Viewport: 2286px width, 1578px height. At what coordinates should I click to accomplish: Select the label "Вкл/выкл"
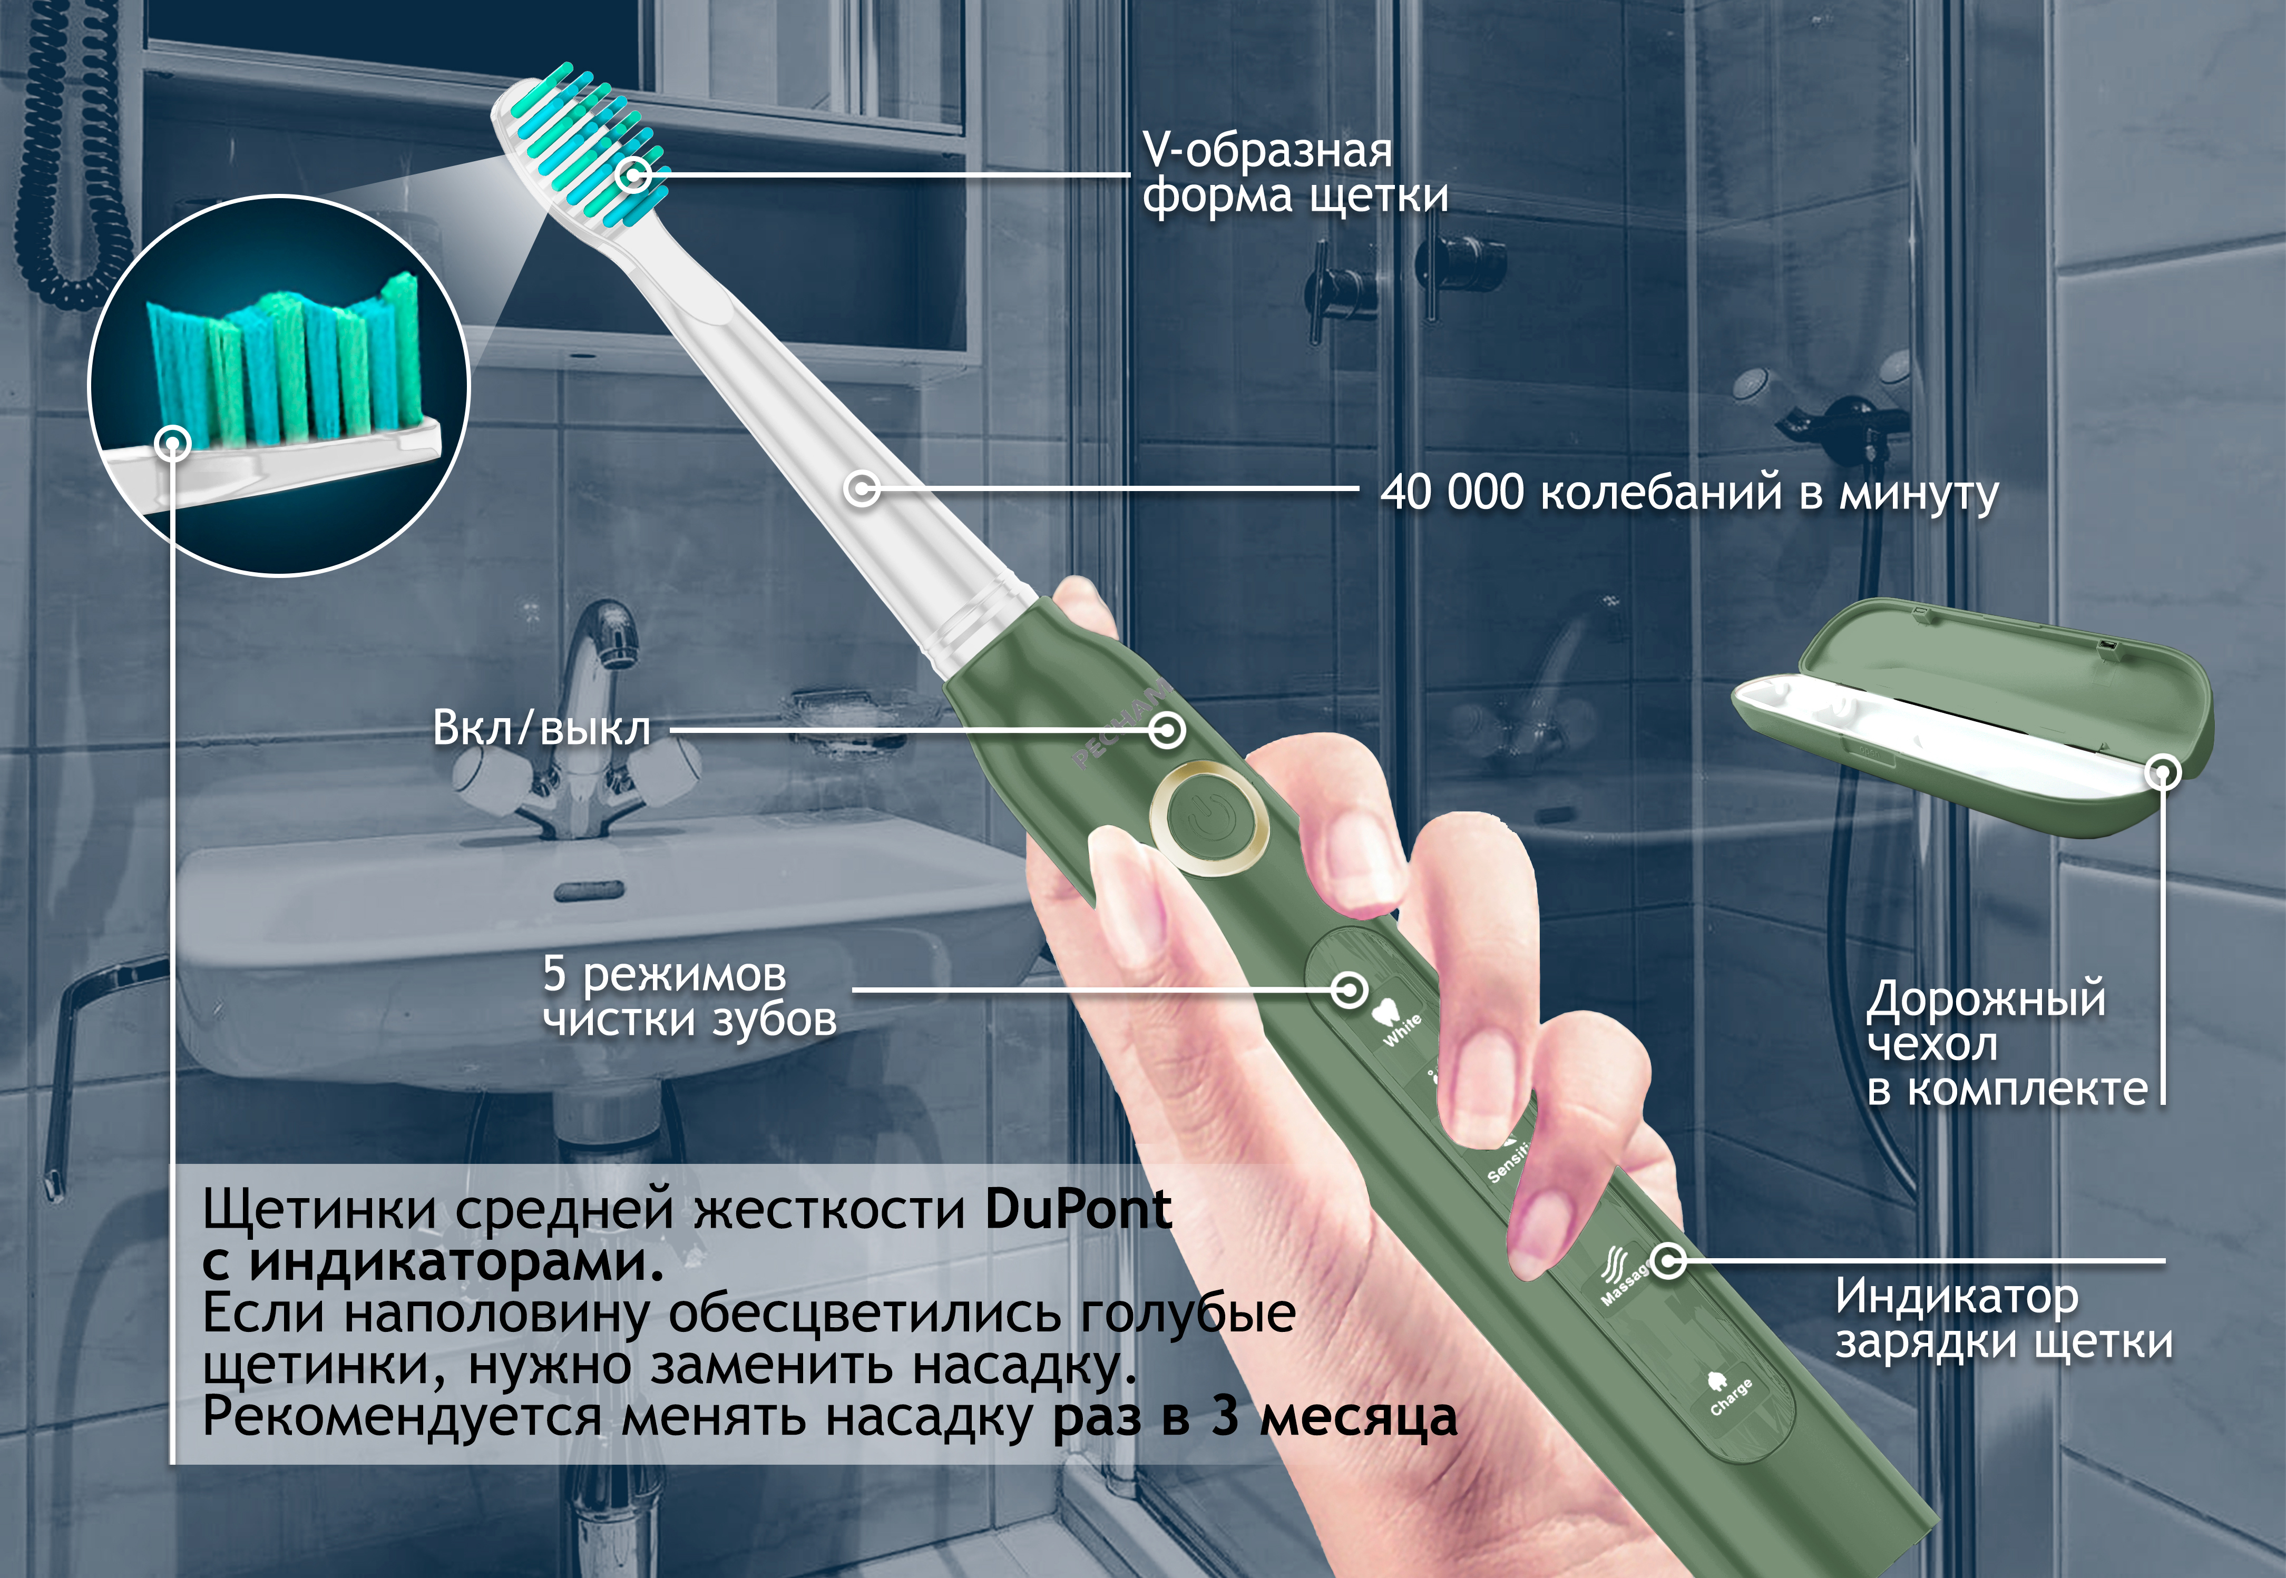(x=542, y=729)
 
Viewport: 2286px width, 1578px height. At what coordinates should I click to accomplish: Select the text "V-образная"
(x=1267, y=150)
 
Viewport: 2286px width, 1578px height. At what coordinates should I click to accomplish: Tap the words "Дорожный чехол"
(x=1986, y=1021)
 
